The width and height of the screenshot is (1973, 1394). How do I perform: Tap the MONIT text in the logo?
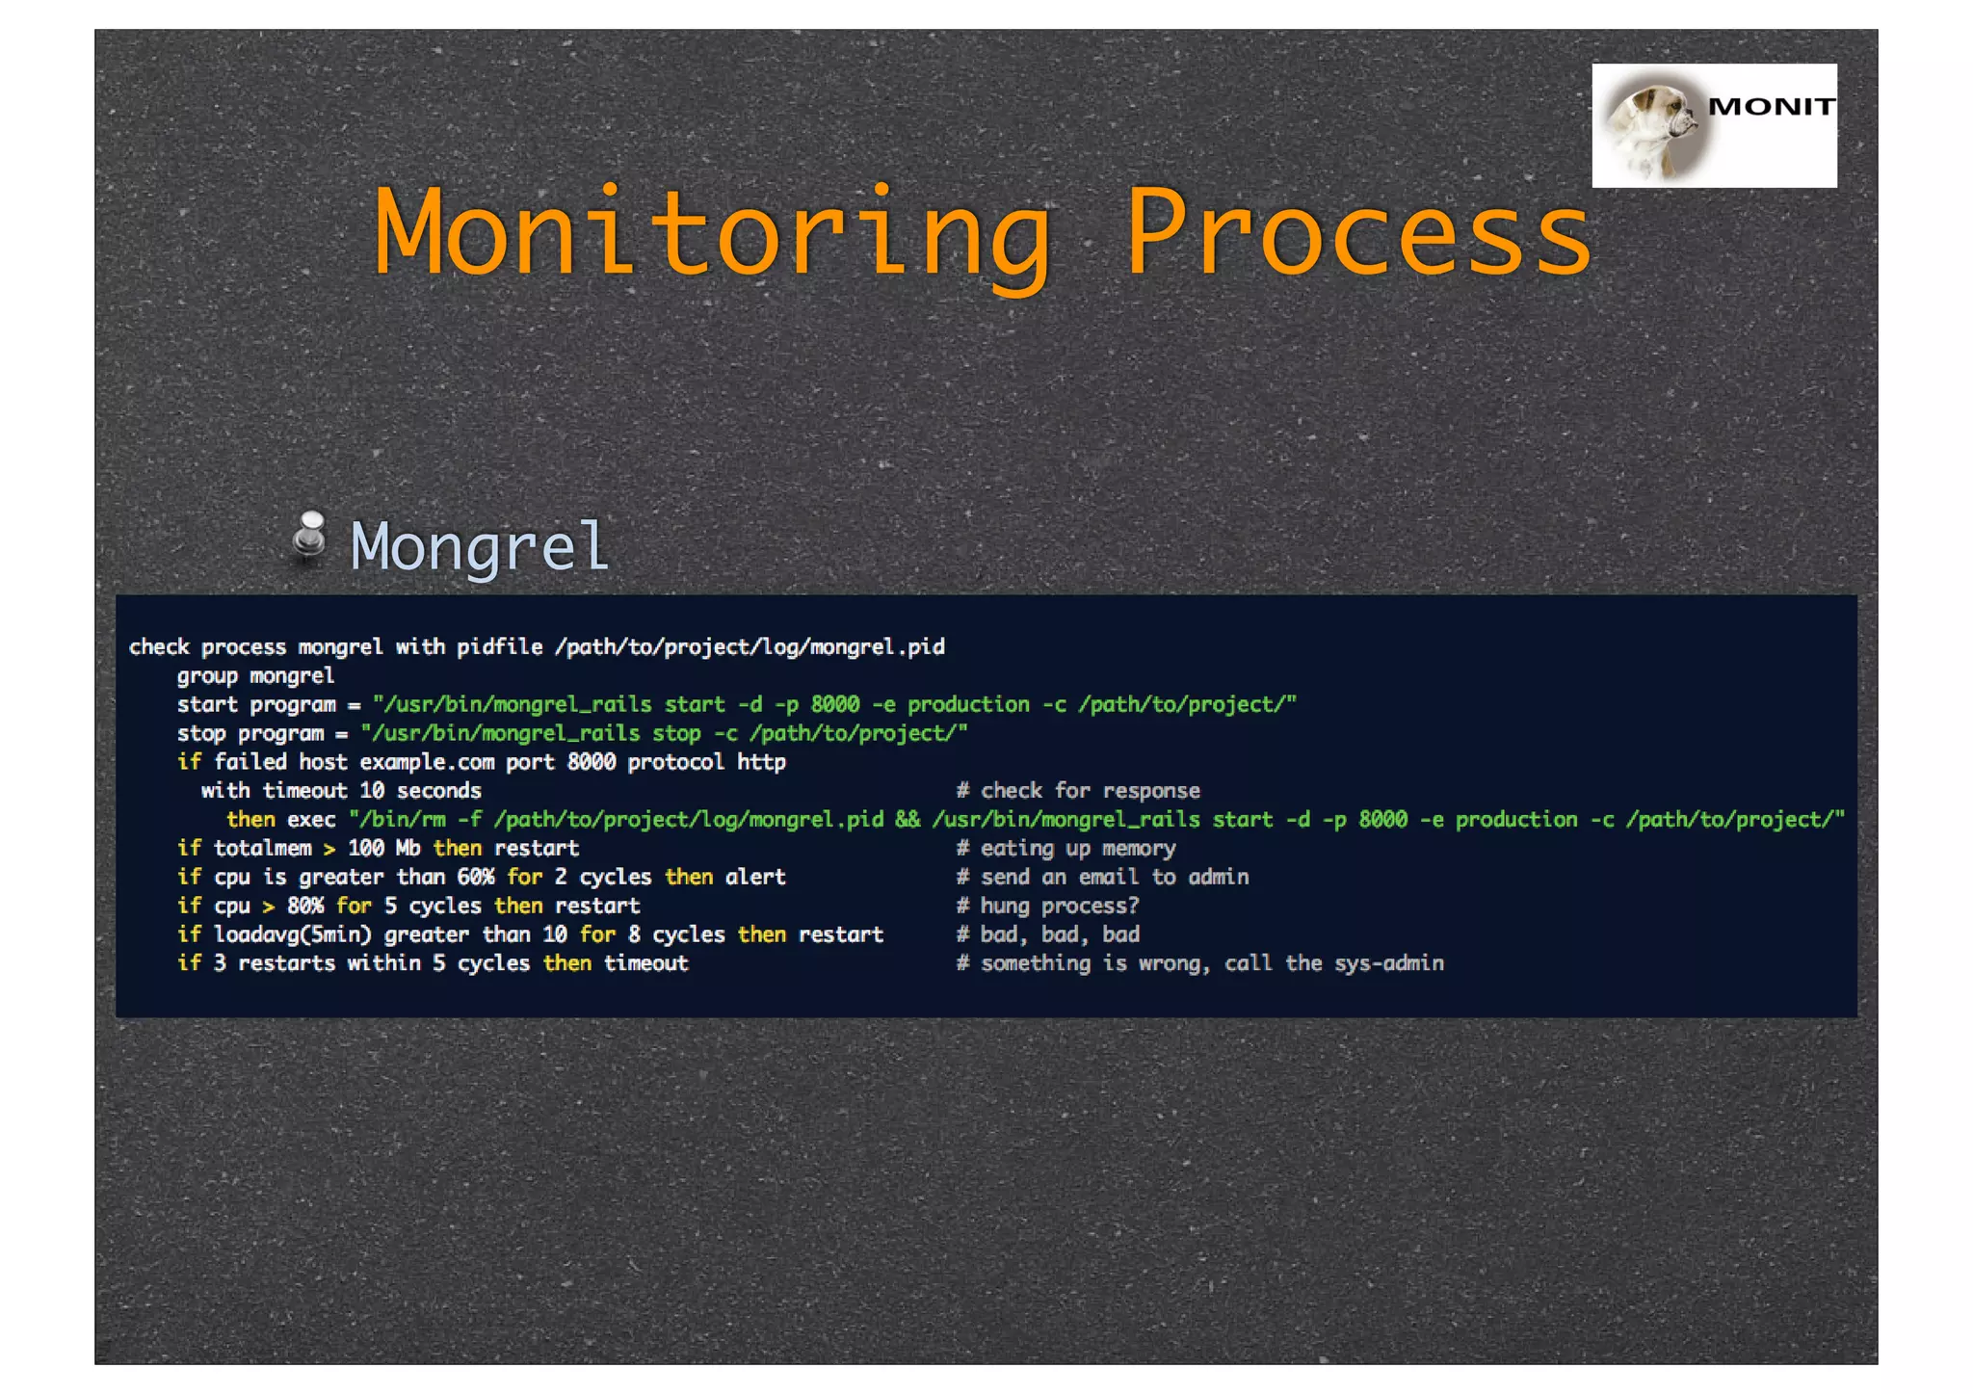coord(1771,107)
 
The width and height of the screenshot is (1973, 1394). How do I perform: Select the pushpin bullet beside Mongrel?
coord(309,538)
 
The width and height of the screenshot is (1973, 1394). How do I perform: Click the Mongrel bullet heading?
coord(479,546)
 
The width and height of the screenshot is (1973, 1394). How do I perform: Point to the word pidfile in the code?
coord(499,646)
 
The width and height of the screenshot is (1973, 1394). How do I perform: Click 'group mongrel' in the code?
coord(255,675)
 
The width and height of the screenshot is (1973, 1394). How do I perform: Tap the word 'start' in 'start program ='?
coord(206,704)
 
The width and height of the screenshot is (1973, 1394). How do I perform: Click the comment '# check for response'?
coord(1078,791)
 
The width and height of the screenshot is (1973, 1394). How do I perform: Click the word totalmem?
coord(262,849)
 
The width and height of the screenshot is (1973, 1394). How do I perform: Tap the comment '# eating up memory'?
coord(1065,849)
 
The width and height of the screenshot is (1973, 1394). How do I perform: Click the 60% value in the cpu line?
coord(475,877)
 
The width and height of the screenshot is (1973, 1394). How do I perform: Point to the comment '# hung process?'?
coord(1047,906)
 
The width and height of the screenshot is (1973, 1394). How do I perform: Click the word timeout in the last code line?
coord(645,963)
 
